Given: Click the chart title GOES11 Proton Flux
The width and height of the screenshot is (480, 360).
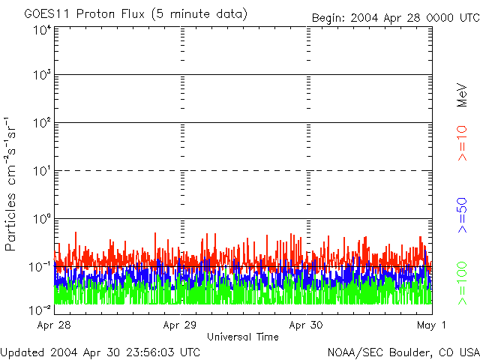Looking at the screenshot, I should (x=135, y=14).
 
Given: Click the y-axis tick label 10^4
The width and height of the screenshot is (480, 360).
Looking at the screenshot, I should (x=42, y=31).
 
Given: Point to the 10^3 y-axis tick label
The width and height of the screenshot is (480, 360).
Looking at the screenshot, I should (x=42, y=76).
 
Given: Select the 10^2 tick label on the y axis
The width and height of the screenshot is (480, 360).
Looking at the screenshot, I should (x=42, y=124).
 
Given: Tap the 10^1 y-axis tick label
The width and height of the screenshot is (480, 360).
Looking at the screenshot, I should (x=42, y=172).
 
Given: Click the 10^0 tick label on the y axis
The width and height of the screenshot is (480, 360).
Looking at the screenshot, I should (x=42, y=220).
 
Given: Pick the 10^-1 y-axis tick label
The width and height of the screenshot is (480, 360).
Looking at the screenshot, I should (x=40, y=267).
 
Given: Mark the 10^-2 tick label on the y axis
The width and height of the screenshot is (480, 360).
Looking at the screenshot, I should (x=40, y=309).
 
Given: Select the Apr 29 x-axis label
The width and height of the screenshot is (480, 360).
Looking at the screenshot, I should (x=180, y=325).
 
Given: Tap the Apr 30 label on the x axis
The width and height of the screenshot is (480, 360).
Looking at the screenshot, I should (x=307, y=325).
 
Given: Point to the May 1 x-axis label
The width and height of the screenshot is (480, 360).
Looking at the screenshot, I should (x=432, y=325).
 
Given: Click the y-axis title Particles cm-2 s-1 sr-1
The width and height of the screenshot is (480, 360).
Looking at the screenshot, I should (x=12, y=184).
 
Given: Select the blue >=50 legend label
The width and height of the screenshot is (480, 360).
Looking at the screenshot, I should (x=462, y=214).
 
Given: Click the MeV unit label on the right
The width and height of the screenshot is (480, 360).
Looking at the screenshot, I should (x=462, y=96).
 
